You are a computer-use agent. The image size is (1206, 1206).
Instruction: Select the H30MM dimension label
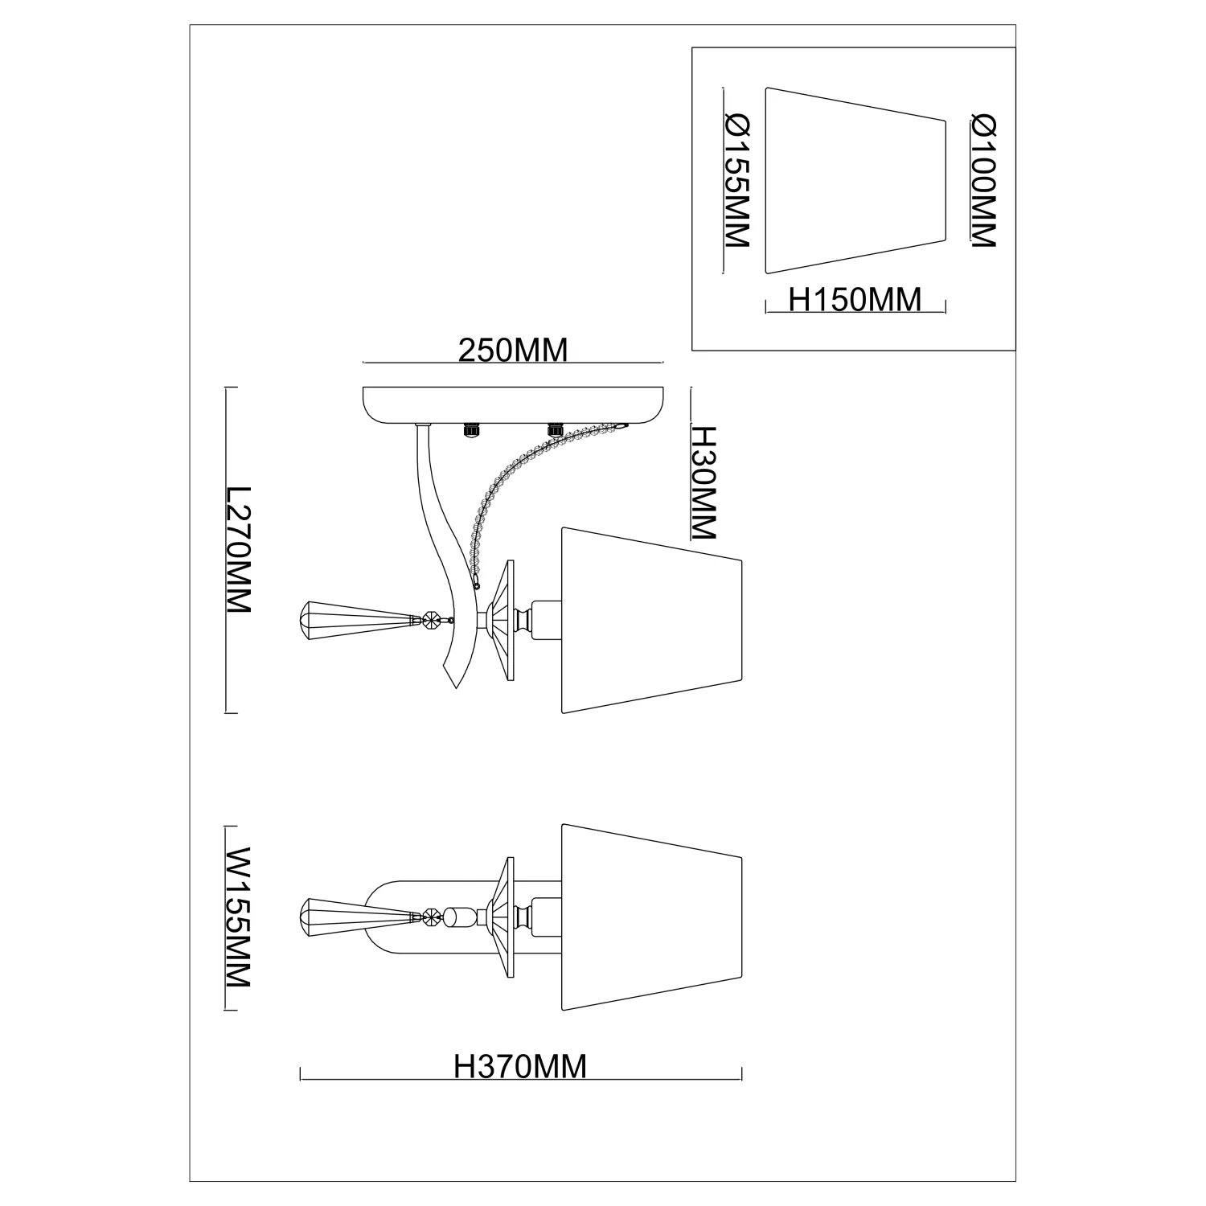coord(703,483)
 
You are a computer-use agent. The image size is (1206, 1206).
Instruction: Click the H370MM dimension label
coord(520,1066)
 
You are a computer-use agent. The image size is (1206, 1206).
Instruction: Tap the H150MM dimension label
coord(855,300)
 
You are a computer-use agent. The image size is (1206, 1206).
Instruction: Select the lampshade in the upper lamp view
coord(650,621)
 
